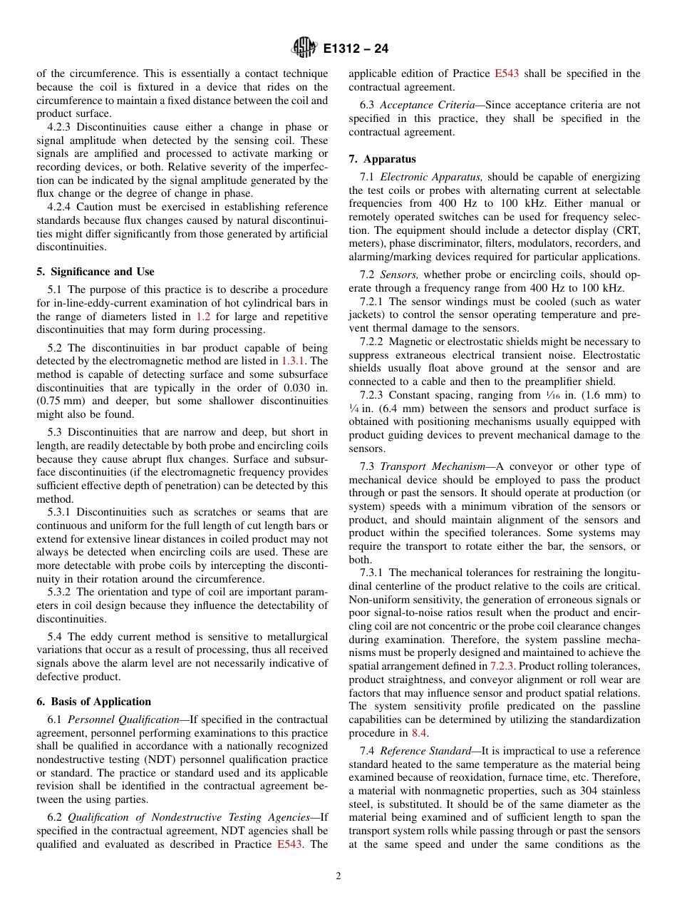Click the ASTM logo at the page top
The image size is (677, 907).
(304, 48)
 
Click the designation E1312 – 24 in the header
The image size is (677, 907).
(356, 49)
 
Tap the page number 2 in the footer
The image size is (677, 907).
(338, 876)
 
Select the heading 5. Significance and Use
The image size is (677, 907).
(95, 272)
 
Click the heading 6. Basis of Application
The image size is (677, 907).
(93, 702)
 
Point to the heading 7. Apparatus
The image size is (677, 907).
(382, 159)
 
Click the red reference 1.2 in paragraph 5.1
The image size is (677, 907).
(202, 316)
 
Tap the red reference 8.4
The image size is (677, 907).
(420, 732)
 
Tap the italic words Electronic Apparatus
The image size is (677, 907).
(421, 176)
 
